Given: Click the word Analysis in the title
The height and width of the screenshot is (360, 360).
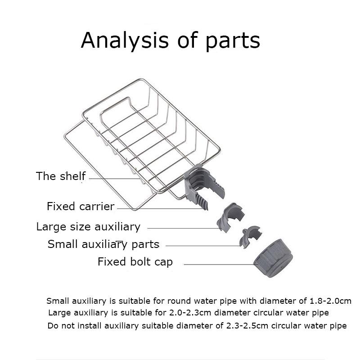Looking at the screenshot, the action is point(125,40).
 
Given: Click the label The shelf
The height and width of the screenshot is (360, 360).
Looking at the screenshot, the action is point(61,176).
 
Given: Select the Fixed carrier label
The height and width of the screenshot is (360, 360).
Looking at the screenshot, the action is point(81,206).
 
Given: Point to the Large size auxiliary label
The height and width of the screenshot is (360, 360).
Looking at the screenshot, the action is point(88,227).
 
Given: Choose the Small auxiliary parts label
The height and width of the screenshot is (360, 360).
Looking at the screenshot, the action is point(103,244).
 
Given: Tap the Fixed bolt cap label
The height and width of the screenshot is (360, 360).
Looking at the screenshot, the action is point(135,262).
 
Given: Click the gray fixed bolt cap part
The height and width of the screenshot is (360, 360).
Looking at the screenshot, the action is point(273,258).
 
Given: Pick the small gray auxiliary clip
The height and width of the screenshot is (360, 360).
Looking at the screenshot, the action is point(250,237).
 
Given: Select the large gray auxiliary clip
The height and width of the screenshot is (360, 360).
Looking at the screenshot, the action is point(230,217).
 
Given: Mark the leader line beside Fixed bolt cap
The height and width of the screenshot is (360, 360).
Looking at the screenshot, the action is point(220,264).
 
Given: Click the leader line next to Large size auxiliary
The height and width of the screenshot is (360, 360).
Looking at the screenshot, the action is point(184,228).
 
